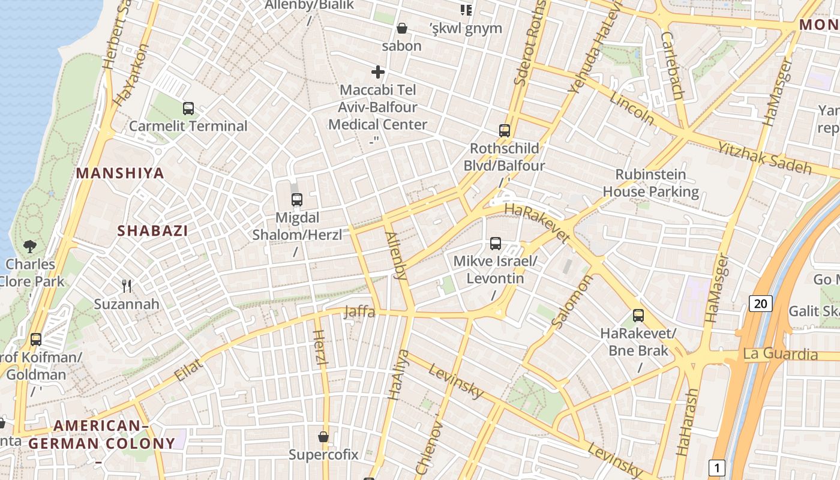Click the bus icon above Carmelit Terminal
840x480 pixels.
(x=188, y=109)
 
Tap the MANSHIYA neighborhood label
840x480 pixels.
(x=120, y=173)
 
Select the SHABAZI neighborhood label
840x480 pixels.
(x=152, y=230)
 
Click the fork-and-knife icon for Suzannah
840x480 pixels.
(x=127, y=286)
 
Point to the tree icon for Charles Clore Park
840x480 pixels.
(x=29, y=246)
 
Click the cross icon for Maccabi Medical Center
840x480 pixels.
(x=378, y=72)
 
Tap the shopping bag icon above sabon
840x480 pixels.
(x=402, y=28)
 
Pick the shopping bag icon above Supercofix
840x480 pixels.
(x=323, y=437)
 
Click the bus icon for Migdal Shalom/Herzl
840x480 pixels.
(x=297, y=200)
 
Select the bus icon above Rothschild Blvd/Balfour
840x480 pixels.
(x=505, y=130)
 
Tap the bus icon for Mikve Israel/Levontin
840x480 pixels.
(x=496, y=244)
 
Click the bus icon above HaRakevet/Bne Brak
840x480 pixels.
(x=638, y=316)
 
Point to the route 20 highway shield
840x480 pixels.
(x=760, y=304)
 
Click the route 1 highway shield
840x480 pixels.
(x=716, y=467)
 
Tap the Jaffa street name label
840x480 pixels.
(x=359, y=311)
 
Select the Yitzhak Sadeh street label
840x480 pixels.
(x=765, y=155)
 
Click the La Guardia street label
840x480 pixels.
(x=780, y=354)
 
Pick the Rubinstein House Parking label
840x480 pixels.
(x=651, y=183)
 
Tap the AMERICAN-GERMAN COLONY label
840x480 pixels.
(x=102, y=436)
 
